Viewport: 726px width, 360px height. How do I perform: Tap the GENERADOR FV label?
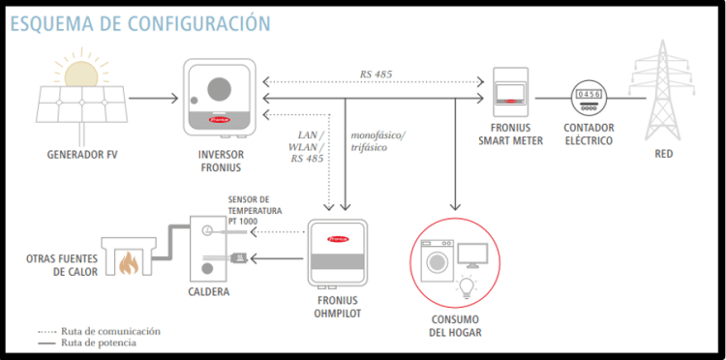click(x=82, y=154)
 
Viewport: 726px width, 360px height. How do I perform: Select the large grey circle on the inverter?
click(x=219, y=88)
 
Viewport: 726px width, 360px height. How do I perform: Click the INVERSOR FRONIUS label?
click(x=222, y=161)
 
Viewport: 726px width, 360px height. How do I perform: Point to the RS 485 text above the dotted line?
click(x=375, y=75)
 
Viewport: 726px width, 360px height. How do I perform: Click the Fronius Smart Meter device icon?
click(x=510, y=92)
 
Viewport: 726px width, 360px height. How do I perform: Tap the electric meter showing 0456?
click(x=588, y=98)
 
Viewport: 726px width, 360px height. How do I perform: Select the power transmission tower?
click(x=662, y=90)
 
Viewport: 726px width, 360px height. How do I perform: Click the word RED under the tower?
click(x=663, y=154)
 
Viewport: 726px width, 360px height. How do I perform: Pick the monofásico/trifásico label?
click(x=378, y=141)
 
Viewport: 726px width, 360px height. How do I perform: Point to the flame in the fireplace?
click(x=129, y=264)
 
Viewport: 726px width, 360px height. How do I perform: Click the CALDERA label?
click(x=208, y=292)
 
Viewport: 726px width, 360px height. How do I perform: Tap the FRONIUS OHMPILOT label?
click(x=337, y=307)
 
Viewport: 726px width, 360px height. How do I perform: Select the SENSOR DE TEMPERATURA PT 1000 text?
click(x=255, y=211)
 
